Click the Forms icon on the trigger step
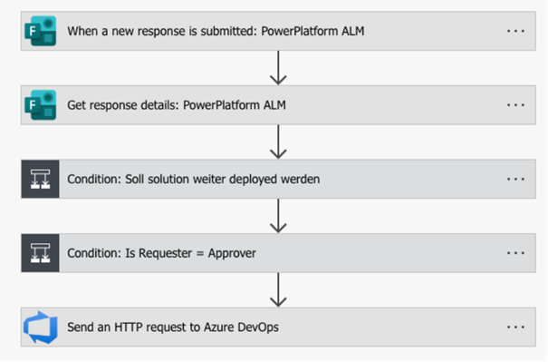[41, 31]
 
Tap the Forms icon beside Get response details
[41, 105]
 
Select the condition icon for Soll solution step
[40, 180]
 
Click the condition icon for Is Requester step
[40, 253]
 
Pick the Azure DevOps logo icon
[41, 328]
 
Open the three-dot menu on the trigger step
[516, 31]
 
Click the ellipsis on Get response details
[516, 105]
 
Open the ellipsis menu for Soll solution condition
[516, 180]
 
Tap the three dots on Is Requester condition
[516, 253]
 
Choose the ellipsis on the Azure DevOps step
[516, 328]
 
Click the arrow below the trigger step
[278, 68]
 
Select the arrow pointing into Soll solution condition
[278, 142]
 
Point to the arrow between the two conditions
[278, 216]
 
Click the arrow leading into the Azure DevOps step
[278, 290]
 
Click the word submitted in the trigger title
[228, 31]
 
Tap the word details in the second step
[159, 105]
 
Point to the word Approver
[232, 253]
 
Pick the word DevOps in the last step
[258, 328]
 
